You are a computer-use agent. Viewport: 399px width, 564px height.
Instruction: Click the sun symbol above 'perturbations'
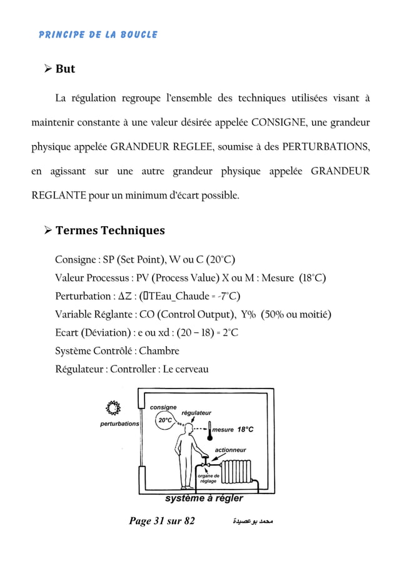tap(113, 408)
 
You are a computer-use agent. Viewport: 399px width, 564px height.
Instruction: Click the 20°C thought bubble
tap(165, 420)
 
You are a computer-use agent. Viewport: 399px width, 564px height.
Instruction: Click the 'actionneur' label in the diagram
tap(230, 450)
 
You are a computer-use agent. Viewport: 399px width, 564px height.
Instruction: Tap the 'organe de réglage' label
tap(208, 479)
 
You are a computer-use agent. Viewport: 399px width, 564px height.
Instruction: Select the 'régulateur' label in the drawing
tap(196, 412)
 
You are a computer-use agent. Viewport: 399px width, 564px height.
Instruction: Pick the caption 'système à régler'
tap(204, 498)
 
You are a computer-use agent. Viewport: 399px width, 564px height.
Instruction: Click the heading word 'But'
tap(65, 69)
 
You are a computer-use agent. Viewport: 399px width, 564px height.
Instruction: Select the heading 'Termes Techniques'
tap(110, 230)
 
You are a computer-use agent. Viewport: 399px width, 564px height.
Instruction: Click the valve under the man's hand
tap(204, 465)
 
